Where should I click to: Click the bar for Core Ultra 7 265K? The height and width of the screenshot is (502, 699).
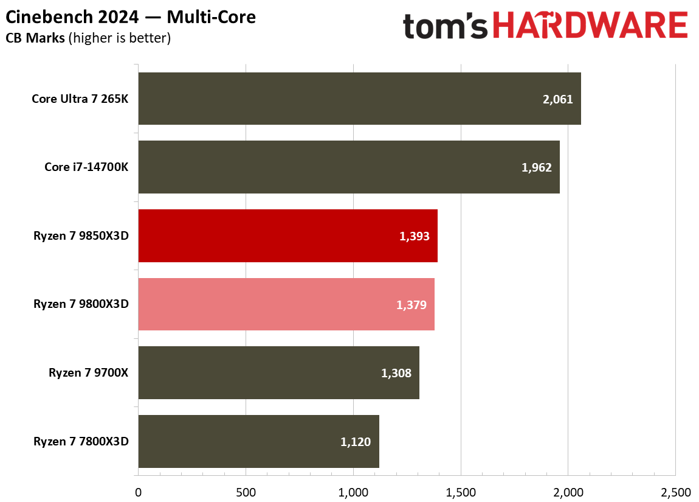pos(359,99)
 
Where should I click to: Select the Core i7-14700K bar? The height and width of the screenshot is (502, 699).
pos(349,167)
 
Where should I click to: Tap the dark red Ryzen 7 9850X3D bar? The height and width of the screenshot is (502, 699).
pos(288,236)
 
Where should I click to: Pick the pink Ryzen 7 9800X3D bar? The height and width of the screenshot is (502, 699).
pos(286,304)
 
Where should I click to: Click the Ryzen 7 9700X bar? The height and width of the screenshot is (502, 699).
pos(278,373)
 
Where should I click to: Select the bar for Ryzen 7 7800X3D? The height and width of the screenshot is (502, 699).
pos(258,442)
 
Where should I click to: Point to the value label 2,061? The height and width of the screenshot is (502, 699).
pos(557,99)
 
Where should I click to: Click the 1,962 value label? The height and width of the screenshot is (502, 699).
pos(536,167)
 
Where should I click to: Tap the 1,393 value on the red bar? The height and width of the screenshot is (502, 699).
pos(414,236)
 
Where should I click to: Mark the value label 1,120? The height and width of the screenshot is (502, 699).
pos(356,442)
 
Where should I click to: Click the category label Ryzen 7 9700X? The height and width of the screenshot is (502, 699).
pos(88,373)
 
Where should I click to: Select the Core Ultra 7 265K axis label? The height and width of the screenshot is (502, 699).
pos(80,99)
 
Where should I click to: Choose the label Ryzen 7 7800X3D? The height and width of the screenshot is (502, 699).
pos(81,442)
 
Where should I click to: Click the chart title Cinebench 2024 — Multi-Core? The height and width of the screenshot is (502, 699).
pos(130,17)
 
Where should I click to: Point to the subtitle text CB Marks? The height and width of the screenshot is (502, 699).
pos(35,38)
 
